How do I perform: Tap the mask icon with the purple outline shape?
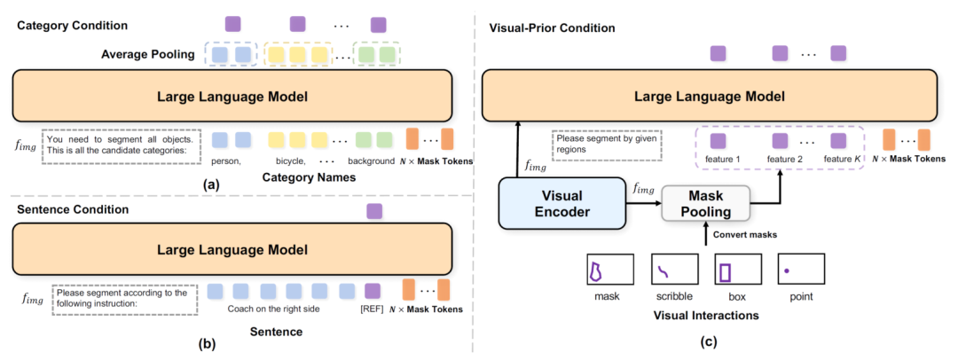coord(609,269)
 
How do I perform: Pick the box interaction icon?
coord(738,269)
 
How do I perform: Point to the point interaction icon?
coord(801,269)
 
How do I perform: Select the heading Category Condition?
coord(72,26)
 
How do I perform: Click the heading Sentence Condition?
coord(73,209)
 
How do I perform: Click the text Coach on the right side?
coord(273,309)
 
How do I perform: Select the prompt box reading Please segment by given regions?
coord(607,145)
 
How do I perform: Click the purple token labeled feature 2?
coord(781,142)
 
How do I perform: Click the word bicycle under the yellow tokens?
coord(287,162)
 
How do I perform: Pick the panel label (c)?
coord(707,342)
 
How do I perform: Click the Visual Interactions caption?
coord(706,316)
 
